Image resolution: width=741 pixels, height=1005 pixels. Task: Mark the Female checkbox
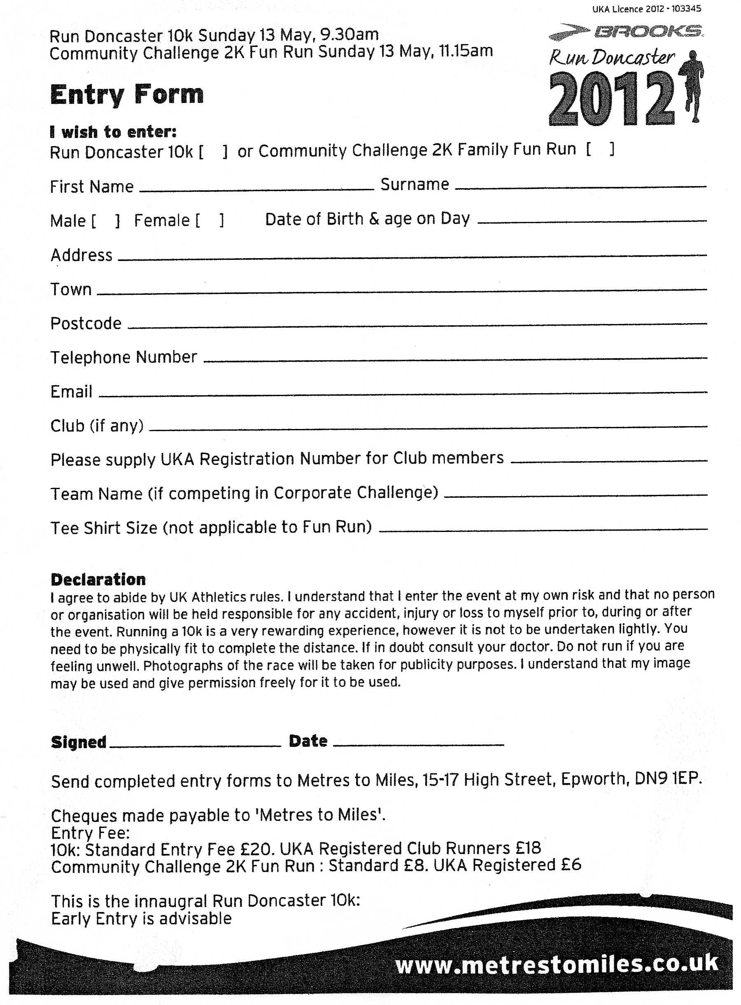click(210, 220)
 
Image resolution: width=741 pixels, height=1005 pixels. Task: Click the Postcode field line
click(417, 324)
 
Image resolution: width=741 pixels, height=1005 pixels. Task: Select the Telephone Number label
click(123, 358)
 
